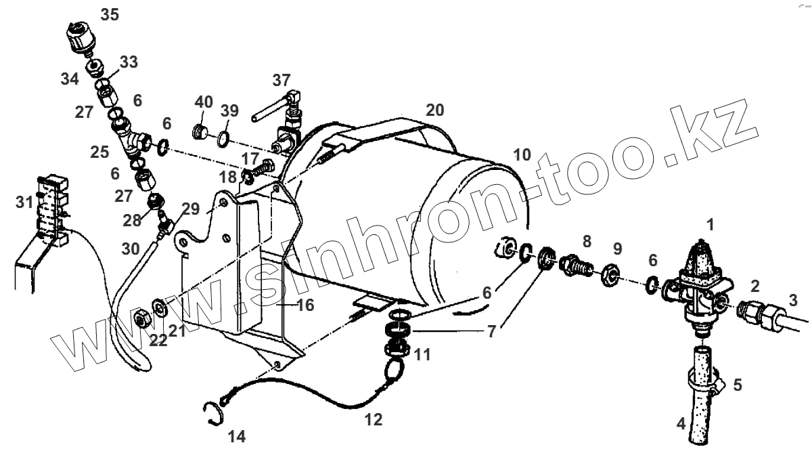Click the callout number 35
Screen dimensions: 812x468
110,14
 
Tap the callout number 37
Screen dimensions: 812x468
281,80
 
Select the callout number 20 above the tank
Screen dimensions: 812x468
434,110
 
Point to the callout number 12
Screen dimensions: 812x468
373,420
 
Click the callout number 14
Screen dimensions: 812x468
236,437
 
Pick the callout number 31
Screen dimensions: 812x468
24,202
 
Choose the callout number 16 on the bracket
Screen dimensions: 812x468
306,305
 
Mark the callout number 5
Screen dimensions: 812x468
737,385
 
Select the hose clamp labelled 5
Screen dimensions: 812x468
704,383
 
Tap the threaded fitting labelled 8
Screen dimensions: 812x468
574,265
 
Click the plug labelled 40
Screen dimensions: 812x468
200,131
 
